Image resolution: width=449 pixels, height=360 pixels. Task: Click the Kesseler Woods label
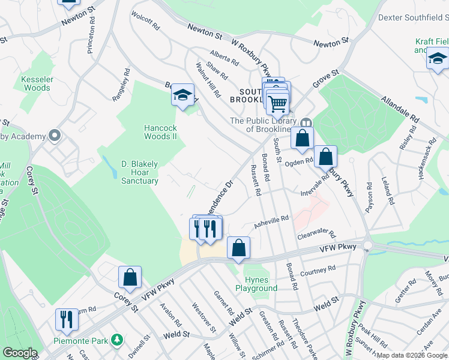click(37, 83)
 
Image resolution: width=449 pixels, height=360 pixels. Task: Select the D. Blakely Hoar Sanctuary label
click(140, 172)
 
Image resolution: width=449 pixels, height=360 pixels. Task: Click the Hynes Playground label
click(261, 284)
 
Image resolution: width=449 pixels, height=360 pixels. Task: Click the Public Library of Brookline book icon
click(306, 122)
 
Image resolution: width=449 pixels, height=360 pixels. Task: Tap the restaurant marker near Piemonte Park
click(66, 318)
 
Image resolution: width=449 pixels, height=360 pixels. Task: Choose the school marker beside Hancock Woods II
click(182, 95)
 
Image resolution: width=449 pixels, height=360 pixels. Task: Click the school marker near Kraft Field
click(438, 59)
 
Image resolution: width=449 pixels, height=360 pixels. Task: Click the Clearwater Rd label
click(316, 235)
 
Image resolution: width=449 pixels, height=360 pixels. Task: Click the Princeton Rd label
click(92, 40)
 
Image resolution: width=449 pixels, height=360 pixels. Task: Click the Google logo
click(20, 353)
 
